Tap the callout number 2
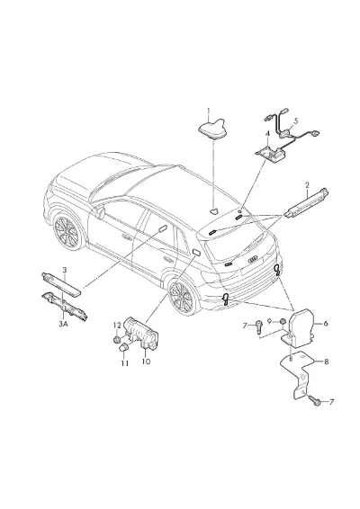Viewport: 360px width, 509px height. click(x=308, y=185)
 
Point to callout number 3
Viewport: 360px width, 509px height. click(x=65, y=270)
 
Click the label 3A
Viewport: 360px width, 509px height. click(x=63, y=324)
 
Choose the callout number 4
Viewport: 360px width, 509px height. click(x=267, y=133)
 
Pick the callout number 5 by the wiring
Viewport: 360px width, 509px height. click(x=295, y=121)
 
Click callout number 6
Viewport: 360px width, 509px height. click(x=326, y=324)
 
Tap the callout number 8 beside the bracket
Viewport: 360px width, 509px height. click(x=326, y=361)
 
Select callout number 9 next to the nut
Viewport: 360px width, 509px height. click(x=269, y=321)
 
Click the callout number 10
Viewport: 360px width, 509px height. click(x=146, y=361)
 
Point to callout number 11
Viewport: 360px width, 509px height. click(x=125, y=363)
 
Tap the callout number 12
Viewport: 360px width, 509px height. click(x=117, y=325)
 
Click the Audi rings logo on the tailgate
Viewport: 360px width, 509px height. click(x=252, y=258)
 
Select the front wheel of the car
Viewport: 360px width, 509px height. click(x=67, y=232)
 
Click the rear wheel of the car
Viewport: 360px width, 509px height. click(x=181, y=297)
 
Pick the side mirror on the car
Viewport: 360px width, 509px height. click(x=101, y=212)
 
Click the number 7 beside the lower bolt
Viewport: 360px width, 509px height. click(x=331, y=402)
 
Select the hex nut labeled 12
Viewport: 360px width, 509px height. click(x=116, y=340)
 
